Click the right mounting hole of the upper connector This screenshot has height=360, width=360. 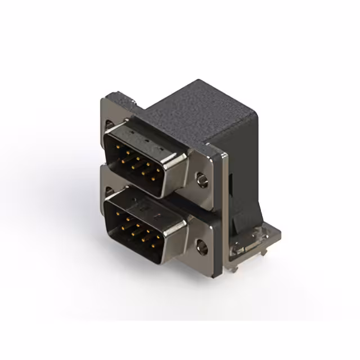click(201, 181)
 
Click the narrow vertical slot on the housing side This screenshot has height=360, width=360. click(232, 186)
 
